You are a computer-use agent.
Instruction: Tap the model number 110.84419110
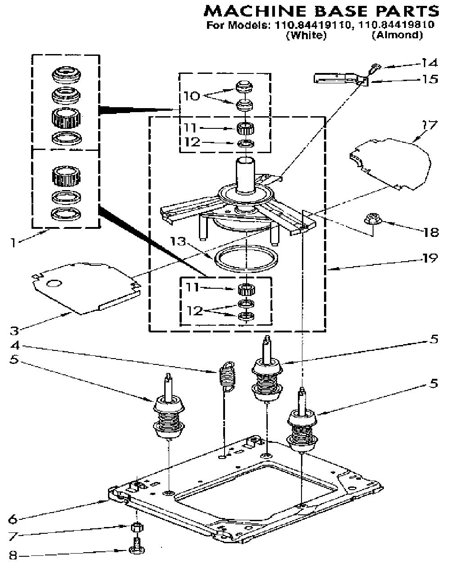[313, 25]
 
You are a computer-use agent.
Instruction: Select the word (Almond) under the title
[397, 35]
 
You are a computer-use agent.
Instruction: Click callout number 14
[429, 63]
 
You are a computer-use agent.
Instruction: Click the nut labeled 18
[372, 219]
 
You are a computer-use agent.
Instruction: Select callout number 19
[429, 258]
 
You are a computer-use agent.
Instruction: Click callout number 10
[192, 96]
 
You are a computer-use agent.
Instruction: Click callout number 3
[14, 331]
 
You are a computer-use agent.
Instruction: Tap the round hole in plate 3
[54, 284]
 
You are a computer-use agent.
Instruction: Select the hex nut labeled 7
[137, 527]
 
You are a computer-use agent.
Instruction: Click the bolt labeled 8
[137, 546]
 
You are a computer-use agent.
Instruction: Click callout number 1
[13, 242]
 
